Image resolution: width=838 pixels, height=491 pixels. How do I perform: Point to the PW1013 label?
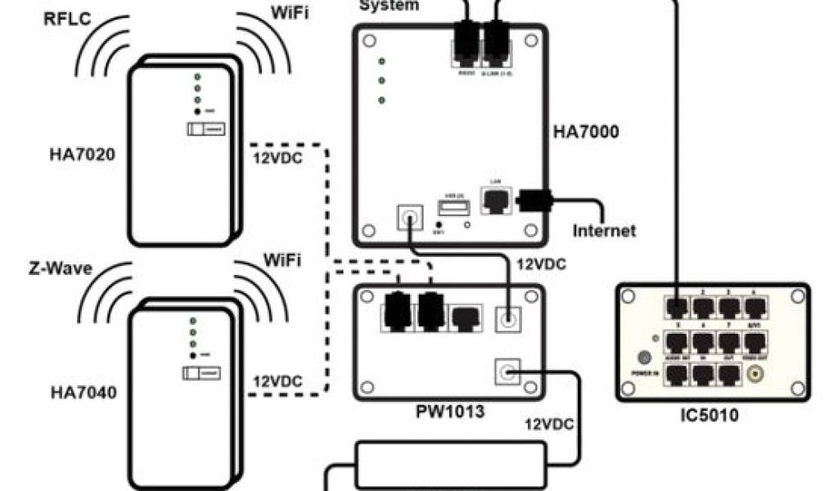(x=449, y=411)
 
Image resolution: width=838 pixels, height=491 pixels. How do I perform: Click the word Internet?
(x=604, y=230)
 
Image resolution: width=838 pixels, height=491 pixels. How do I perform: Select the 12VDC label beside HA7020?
(x=274, y=157)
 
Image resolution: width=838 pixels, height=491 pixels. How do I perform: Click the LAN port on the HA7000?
(x=494, y=200)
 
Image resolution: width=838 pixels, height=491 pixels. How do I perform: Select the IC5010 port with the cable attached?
(x=678, y=306)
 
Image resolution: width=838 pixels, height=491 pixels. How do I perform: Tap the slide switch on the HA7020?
(x=206, y=129)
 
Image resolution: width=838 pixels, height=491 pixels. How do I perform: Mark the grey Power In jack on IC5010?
(x=644, y=358)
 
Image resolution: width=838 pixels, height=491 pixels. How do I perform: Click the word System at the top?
(x=390, y=6)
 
